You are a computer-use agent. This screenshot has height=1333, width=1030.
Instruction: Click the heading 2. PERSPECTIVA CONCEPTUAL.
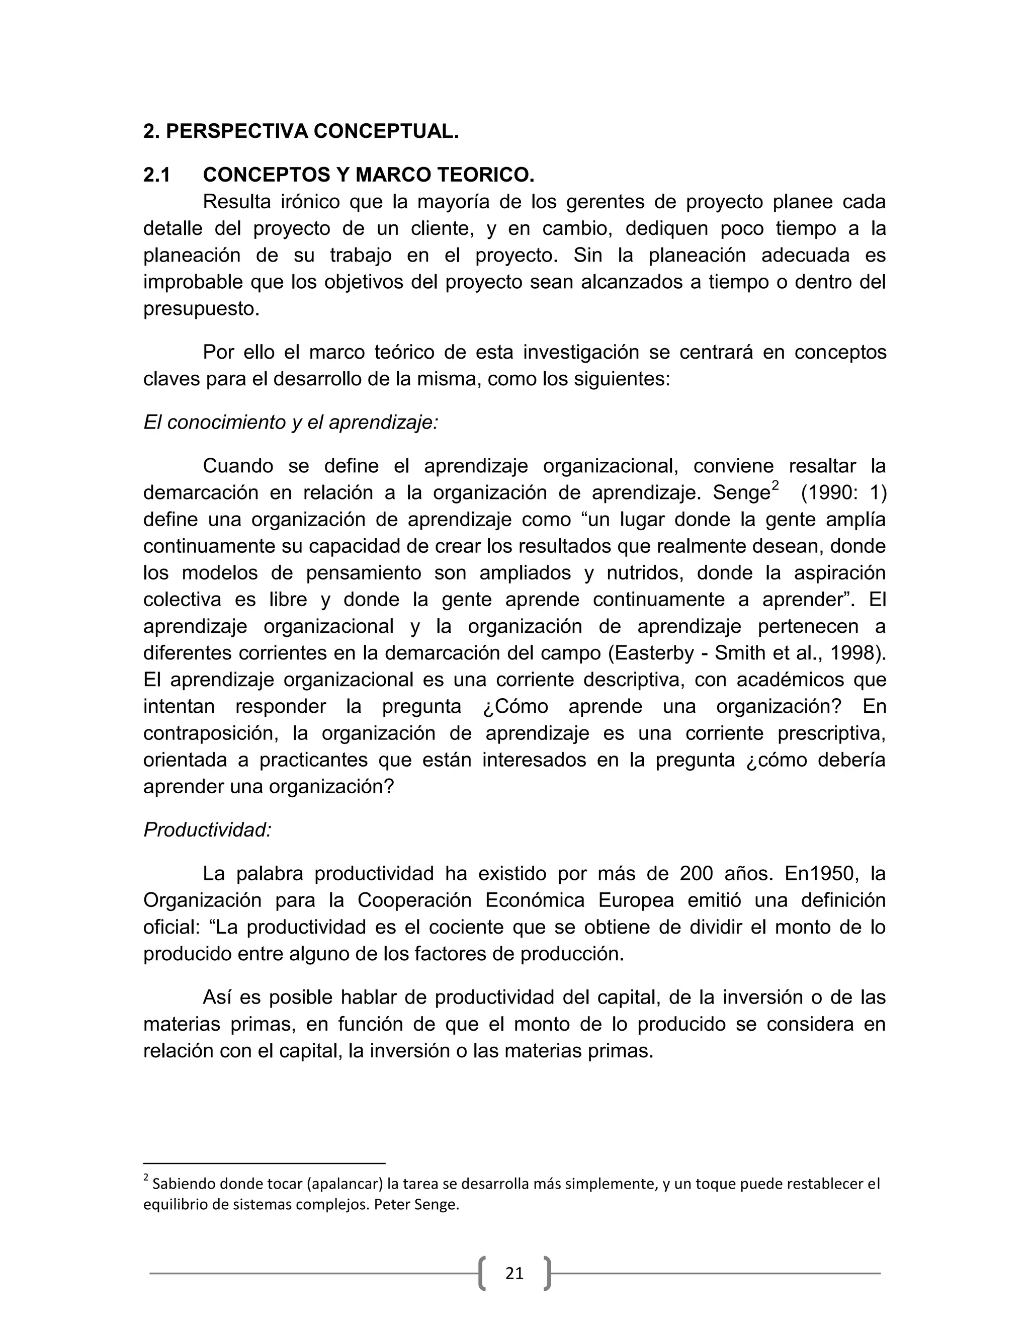tap(300, 131)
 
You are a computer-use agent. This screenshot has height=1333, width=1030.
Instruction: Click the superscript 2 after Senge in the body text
tap(775, 486)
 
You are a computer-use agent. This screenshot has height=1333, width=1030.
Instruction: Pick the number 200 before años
tap(696, 874)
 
